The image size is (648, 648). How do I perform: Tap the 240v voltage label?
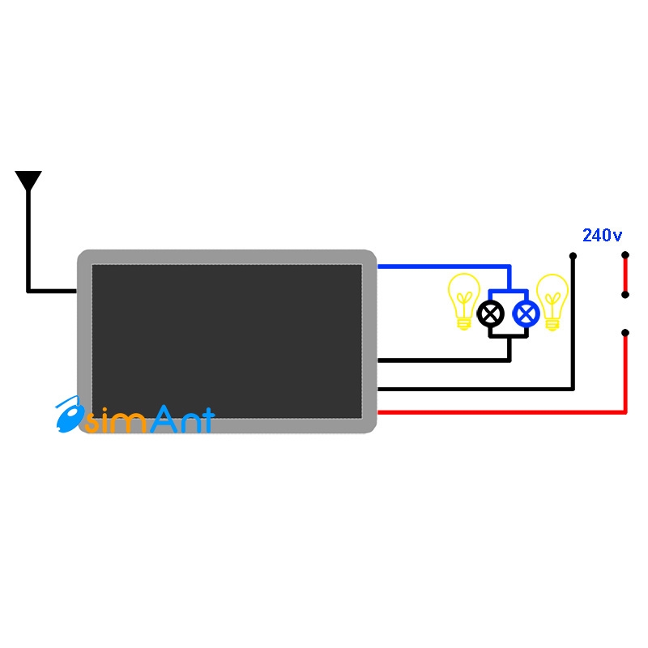pyautogui.click(x=602, y=236)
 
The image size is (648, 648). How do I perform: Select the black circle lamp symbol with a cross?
pyautogui.click(x=490, y=313)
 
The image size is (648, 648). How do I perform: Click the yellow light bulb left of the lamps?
pyautogui.click(x=464, y=300)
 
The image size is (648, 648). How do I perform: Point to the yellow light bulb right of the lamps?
pyautogui.click(x=552, y=300)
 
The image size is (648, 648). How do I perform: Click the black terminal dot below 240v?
pyautogui.click(x=573, y=257)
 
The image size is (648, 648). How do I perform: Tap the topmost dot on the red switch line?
pyautogui.click(x=625, y=257)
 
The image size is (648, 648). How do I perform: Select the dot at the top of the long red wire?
pyautogui.click(x=625, y=332)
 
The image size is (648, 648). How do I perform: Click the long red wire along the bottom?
pyautogui.click(x=502, y=411)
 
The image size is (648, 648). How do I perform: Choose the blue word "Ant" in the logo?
pyautogui.click(x=182, y=419)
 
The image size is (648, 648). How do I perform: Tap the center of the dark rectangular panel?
pyautogui.click(x=227, y=341)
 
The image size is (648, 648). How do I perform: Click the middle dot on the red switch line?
pyautogui.click(x=625, y=294)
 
